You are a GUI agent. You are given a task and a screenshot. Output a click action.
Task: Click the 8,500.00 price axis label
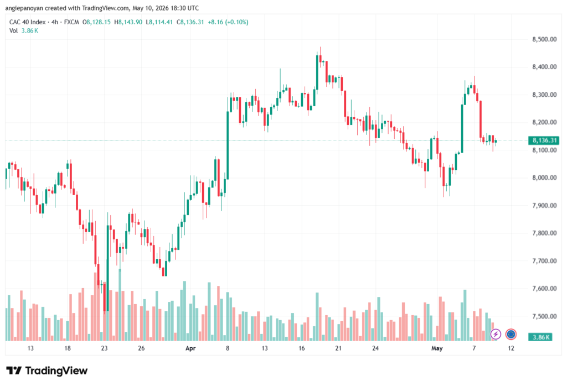pos(544,39)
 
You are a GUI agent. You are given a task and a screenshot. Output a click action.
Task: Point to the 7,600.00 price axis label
pos(544,289)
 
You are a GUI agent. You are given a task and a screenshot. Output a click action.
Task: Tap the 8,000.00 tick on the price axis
pos(544,178)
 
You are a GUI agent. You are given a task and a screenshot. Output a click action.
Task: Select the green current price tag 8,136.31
pos(544,140)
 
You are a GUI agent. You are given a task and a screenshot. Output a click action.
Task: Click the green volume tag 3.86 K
pos(540,337)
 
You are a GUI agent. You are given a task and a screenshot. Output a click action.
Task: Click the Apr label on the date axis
pos(190,348)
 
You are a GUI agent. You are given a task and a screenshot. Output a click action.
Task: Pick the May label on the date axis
pos(437,348)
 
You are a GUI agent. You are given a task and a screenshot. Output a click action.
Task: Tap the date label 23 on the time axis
pos(104,348)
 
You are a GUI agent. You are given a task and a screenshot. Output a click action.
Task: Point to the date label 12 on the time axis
pos(511,348)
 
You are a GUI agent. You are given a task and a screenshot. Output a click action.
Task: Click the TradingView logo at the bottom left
pos(47,371)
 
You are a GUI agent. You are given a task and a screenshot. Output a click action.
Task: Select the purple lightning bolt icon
pos(496,335)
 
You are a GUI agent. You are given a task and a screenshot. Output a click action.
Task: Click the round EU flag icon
pos(511,335)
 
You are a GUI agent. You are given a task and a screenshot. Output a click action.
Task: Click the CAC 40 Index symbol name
pos(28,22)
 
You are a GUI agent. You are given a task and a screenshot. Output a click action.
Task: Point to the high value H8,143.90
pos(128,22)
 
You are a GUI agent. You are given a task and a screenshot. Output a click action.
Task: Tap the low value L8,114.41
pos(159,22)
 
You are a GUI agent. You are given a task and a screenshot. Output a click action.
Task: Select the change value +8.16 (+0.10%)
pos(228,22)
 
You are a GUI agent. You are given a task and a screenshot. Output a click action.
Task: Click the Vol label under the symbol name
pos(13,31)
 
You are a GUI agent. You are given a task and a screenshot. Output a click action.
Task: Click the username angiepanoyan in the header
pos(24,8)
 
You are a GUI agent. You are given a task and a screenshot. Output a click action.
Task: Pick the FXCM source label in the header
pos(71,22)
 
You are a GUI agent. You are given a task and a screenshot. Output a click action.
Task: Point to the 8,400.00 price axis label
pos(544,67)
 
